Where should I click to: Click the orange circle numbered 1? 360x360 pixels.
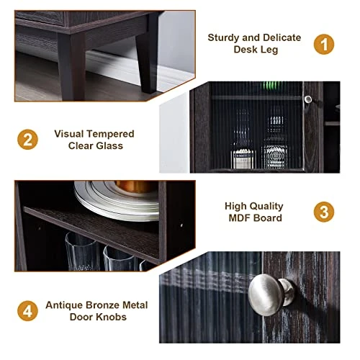click(324, 44)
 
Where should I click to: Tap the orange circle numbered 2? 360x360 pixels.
click(27, 140)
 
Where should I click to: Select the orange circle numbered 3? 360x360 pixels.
click(324, 212)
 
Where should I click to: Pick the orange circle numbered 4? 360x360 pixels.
click(27, 311)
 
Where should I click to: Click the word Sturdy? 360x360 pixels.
click(223, 38)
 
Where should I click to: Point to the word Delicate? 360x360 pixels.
click(282, 37)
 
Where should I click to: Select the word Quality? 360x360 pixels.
click(267, 207)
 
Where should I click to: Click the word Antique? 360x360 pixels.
click(64, 305)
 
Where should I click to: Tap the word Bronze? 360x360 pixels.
click(103, 305)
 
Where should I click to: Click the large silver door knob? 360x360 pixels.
click(269, 294)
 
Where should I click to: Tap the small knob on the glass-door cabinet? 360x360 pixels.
click(308, 99)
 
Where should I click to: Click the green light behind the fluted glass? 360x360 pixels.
click(271, 86)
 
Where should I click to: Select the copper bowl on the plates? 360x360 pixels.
click(135, 186)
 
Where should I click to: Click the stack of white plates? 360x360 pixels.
click(117, 200)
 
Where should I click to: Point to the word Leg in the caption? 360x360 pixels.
click(269, 50)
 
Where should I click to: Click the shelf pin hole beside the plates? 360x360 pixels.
click(181, 225)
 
